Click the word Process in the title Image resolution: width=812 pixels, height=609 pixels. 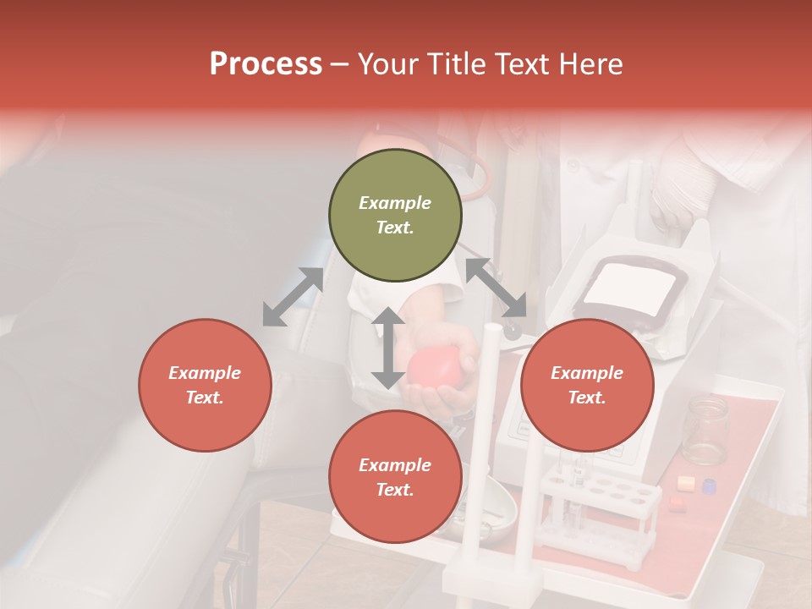[266, 64]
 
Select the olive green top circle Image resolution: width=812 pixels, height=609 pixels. [395, 216]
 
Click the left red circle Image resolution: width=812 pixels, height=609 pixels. [205, 385]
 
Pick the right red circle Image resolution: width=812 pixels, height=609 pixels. [587, 385]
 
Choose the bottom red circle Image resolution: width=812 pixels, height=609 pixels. [395, 477]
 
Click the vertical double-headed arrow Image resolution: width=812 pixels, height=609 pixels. [388, 348]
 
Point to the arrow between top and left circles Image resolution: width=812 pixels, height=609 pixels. [293, 297]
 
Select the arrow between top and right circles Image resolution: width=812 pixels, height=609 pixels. [496, 288]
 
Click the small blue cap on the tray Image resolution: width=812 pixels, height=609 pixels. [709, 486]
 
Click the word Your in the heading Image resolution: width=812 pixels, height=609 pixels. [388, 64]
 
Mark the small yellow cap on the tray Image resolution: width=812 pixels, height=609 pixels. [686, 484]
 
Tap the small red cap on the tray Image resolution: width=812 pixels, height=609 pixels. [677, 503]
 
